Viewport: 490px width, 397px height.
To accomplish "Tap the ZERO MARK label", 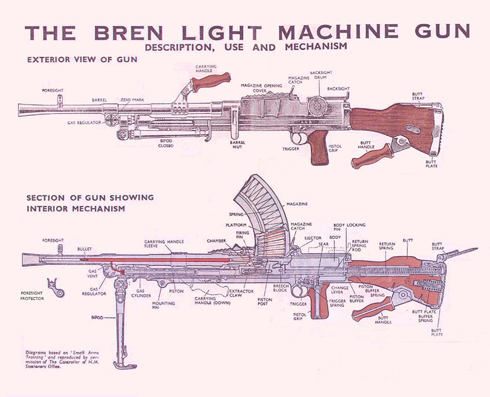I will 132,99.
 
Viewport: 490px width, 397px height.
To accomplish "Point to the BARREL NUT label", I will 238,145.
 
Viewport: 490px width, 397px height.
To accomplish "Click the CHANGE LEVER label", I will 340,290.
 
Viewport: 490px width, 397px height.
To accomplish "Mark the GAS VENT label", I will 93,273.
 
